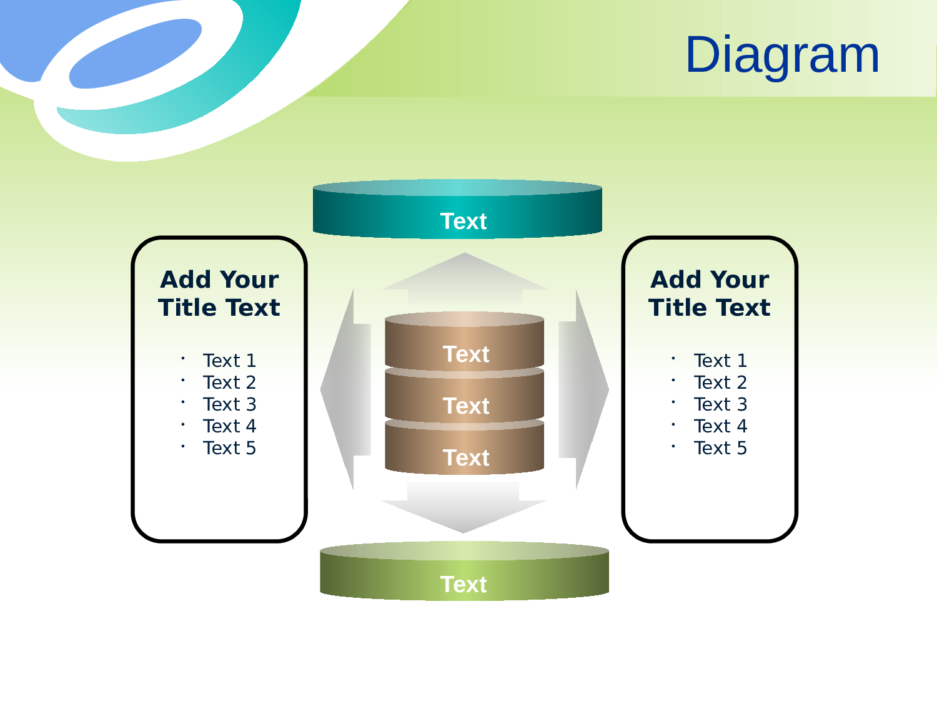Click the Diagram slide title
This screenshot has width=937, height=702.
coord(782,56)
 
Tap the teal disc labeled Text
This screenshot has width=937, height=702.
coord(457,209)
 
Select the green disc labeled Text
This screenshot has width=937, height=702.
coord(464,571)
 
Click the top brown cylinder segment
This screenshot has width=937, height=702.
coord(465,341)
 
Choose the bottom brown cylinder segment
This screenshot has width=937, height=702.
coord(465,447)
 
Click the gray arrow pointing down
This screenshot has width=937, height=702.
coord(463,508)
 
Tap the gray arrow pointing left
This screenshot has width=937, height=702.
coord(346,389)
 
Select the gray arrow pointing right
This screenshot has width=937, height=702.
coord(583,389)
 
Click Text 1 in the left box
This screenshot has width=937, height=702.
coord(229,361)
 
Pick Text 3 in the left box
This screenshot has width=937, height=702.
coord(229,404)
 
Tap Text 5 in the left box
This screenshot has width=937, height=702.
coord(229,448)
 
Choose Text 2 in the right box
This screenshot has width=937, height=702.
coord(720,383)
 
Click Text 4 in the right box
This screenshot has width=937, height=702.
coord(720,426)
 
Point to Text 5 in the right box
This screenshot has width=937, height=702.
coord(720,448)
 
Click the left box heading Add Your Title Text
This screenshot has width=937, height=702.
coord(219,293)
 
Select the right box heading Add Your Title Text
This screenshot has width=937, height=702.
coord(710,293)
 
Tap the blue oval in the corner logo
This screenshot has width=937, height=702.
coord(135,54)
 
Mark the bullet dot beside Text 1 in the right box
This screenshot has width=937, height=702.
coord(673,358)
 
